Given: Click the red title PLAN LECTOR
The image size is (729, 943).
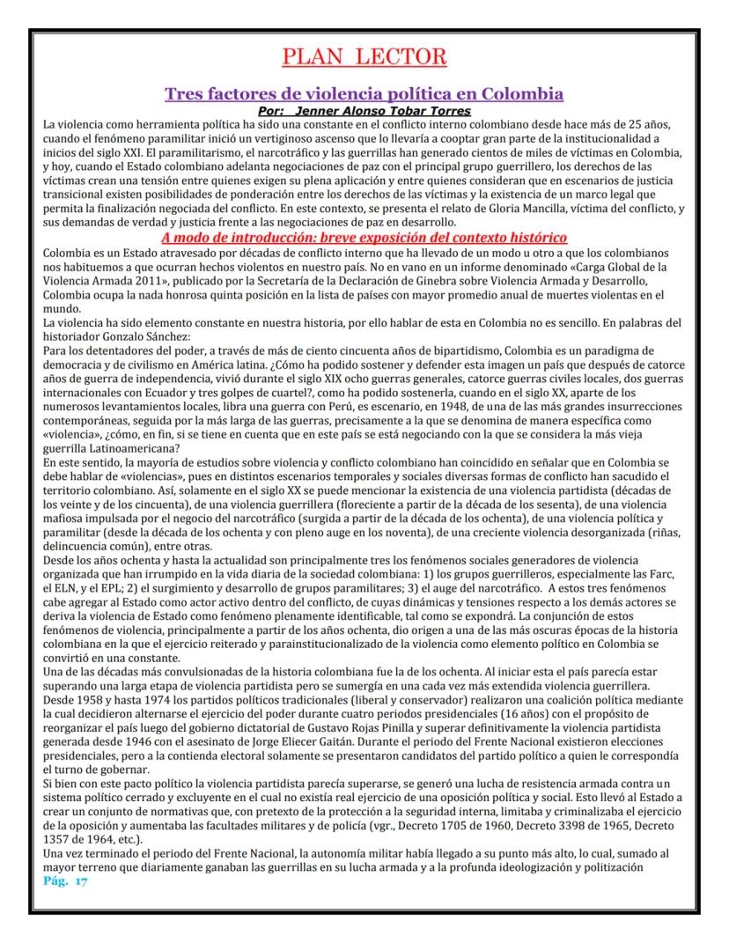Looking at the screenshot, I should (x=364, y=57).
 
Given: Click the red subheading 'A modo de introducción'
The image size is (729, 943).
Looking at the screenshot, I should (x=364, y=238).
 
